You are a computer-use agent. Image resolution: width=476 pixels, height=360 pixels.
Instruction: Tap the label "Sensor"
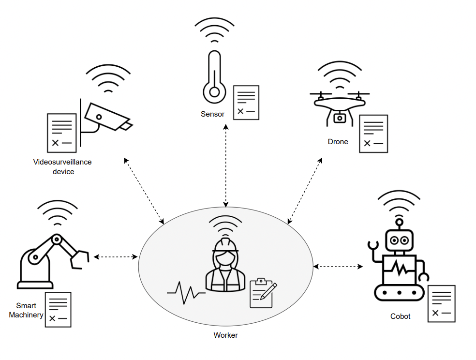point(213,114)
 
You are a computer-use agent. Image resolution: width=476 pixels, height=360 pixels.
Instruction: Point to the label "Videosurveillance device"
point(62,166)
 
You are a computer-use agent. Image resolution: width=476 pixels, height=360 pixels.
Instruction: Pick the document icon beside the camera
point(61,133)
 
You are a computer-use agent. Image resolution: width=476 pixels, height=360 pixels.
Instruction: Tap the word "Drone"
point(338,142)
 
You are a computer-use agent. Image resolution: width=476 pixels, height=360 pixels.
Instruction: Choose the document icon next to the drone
point(373,134)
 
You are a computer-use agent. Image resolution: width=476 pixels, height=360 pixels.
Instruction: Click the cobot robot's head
point(400,240)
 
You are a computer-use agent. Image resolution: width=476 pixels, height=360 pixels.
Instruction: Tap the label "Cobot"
point(400,316)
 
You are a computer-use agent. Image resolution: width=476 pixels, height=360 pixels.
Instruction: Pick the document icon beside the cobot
point(441,303)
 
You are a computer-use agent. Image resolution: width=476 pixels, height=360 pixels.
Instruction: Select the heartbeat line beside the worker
point(186,293)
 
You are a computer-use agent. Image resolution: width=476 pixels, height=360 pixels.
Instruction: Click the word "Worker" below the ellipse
point(225,335)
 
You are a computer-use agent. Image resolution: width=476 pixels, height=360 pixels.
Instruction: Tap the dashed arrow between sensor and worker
point(225,165)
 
